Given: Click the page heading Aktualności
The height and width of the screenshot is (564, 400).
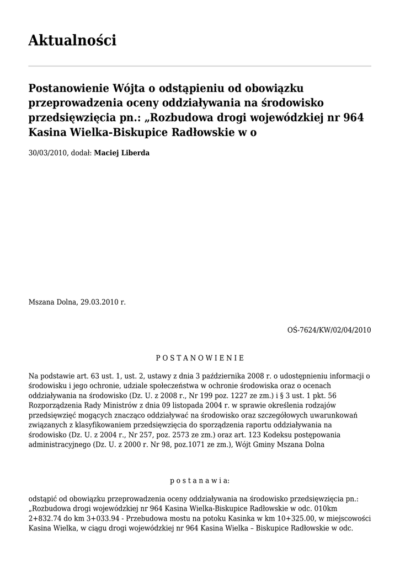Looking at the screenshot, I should point(72,40).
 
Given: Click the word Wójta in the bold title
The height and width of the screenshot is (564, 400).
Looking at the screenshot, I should point(131,88).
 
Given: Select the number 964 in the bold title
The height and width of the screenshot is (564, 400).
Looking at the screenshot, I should point(353,117).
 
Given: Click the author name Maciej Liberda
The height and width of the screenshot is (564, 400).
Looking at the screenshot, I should point(121,153).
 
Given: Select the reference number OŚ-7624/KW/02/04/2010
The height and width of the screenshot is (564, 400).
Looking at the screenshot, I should point(329,330).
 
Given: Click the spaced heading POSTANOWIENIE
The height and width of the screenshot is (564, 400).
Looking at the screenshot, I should point(200,358).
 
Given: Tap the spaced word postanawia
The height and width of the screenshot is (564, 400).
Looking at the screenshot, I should point(200,480).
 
